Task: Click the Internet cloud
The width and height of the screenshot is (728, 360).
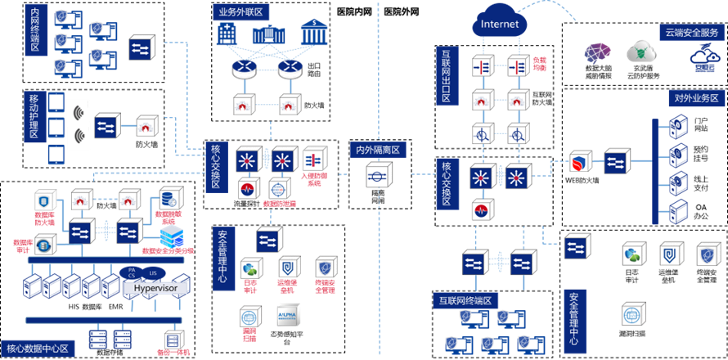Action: (500, 24)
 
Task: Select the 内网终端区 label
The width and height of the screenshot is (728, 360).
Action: (34, 30)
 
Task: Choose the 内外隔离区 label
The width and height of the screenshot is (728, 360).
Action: (378, 150)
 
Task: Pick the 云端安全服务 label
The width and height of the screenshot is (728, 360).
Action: (690, 33)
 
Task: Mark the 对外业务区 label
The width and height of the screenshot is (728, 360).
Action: (696, 98)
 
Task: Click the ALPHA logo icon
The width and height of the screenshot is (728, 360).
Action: (289, 315)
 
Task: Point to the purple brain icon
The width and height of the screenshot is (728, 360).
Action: (596, 53)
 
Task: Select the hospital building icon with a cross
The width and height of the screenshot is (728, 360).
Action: (226, 34)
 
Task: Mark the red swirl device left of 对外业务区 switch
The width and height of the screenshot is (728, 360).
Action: (580, 160)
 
